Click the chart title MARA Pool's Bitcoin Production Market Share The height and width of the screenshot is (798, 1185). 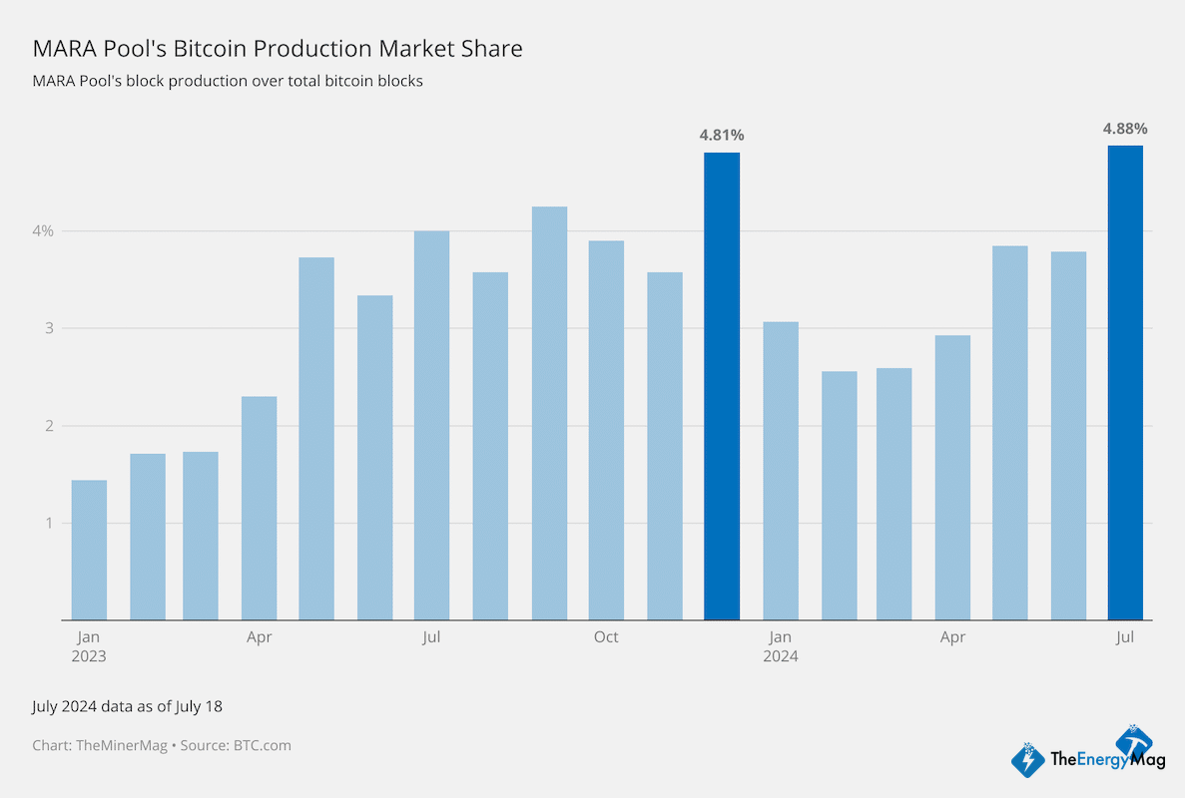278,48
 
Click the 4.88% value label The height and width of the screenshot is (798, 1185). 1125,129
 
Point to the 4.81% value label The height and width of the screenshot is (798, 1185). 722,135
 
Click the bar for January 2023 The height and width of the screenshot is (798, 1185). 89,550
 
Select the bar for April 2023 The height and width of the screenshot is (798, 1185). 259,508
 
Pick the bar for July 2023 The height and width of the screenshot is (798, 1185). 431,425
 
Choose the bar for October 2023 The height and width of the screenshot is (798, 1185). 606,430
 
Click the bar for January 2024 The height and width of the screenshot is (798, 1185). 780,471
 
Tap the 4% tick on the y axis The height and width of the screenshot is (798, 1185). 44,230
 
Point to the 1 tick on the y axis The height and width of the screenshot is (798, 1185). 49,523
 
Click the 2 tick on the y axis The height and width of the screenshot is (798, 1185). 49,426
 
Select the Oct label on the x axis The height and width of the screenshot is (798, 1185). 606,637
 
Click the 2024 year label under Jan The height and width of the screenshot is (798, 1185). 780,657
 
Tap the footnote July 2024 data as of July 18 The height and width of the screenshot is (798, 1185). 127,706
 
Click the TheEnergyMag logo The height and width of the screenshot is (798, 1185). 1082,755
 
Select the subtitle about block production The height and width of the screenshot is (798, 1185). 228,81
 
